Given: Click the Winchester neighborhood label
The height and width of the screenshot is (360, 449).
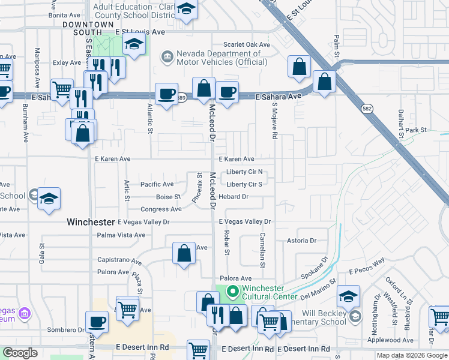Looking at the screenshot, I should point(91,221).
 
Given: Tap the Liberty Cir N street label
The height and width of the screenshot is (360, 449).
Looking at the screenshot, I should point(245,172).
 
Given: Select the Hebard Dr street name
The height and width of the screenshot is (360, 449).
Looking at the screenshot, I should point(234,196).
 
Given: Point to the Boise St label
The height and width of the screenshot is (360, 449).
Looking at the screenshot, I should point(168,197).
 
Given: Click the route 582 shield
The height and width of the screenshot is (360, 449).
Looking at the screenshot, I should point(366,108).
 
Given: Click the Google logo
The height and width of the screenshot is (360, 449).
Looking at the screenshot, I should point(20,353).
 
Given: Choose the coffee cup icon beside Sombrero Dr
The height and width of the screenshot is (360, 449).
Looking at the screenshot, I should point(97,322).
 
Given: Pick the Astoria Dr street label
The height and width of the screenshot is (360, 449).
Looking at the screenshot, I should point(301,241).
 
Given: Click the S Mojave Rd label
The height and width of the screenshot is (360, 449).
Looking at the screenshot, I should point(274,120).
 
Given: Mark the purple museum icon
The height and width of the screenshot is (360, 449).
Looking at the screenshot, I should point(25,313).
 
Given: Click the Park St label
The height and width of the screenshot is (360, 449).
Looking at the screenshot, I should point(415,130).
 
